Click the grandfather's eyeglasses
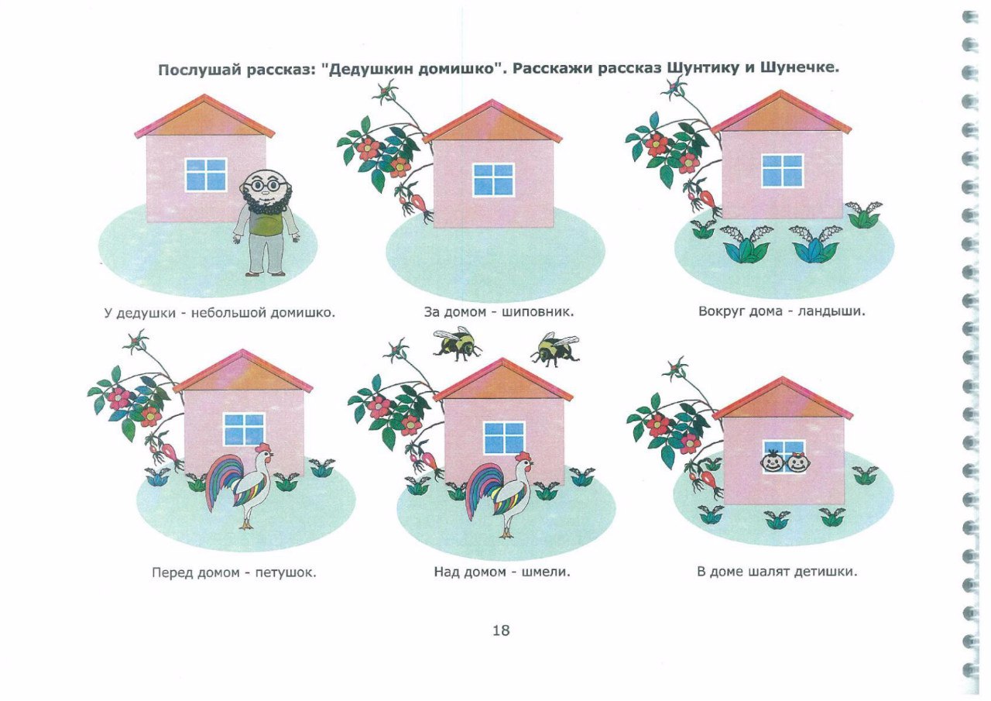pos(264,184)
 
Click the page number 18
pos(501,631)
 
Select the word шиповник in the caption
pos(538,312)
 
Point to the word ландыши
pos(832,311)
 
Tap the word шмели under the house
pos(546,572)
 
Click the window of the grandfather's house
pos(206,175)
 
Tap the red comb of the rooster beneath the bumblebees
pos(524,455)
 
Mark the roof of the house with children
pos(782,399)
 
